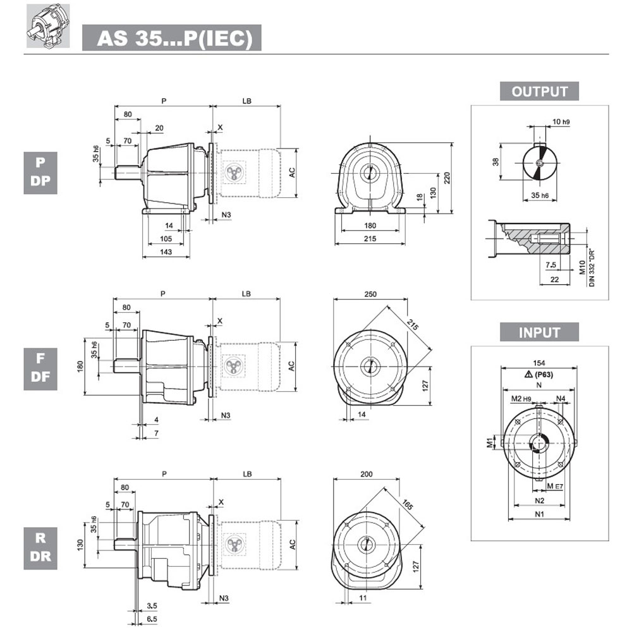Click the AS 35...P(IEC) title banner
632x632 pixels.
[172, 38]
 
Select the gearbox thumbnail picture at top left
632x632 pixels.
[48, 26]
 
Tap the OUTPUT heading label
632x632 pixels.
[539, 92]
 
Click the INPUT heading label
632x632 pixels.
[539, 332]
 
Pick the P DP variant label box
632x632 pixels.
[40, 173]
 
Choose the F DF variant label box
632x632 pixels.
[40, 369]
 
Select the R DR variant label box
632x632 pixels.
[40, 548]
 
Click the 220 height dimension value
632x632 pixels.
[447, 178]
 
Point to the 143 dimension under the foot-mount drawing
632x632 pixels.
[166, 252]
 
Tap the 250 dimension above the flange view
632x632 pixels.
[370, 295]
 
